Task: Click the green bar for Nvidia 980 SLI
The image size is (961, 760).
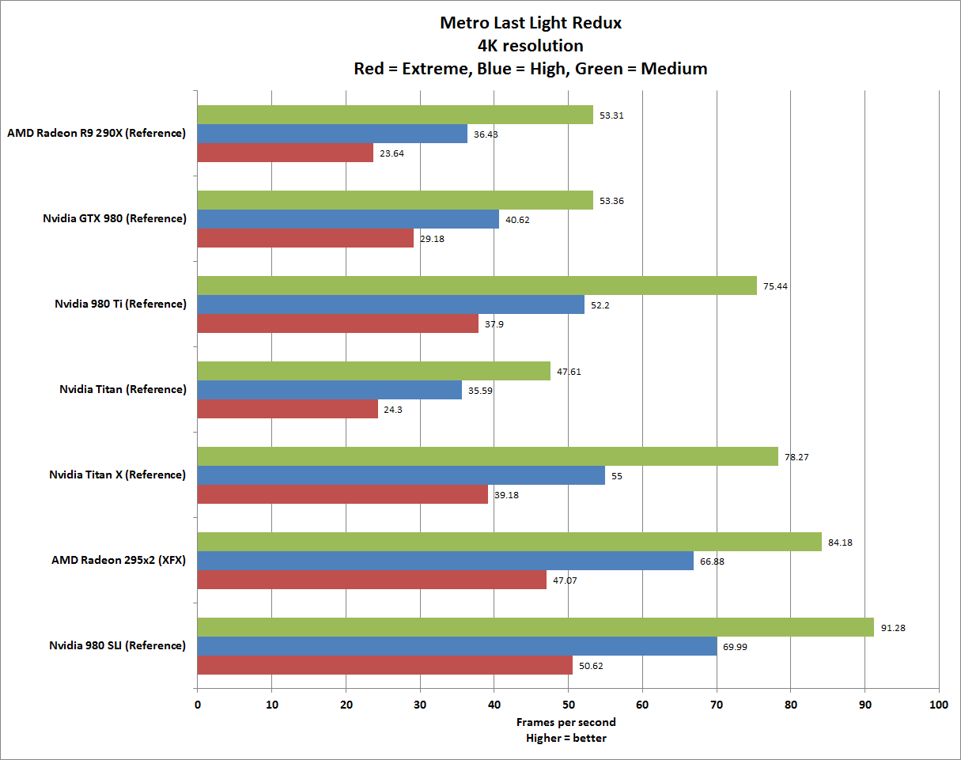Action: (535, 627)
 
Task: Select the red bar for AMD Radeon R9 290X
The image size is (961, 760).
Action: (285, 153)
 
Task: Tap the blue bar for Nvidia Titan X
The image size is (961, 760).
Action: (400, 475)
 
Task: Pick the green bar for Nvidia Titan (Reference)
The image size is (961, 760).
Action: (373, 371)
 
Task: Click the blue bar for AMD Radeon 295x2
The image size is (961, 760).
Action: (445, 561)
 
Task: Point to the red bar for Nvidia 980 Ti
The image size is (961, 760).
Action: (337, 323)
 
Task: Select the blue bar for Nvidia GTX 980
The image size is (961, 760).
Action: (347, 219)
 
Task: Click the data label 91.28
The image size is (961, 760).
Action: (894, 628)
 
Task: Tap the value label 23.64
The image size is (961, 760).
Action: (392, 153)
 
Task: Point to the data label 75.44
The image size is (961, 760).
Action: (775, 286)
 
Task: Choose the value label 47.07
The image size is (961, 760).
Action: (565, 580)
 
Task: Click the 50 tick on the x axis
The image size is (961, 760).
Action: (568, 703)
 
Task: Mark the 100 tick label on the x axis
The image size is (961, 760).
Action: (939, 703)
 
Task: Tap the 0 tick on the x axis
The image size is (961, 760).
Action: (197, 703)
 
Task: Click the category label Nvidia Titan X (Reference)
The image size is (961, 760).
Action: (117, 475)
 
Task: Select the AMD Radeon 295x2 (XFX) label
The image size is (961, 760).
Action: (119, 560)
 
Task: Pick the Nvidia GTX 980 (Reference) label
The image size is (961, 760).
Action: (115, 218)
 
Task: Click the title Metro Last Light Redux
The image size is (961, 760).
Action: (530, 23)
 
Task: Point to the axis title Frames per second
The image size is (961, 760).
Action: (566, 722)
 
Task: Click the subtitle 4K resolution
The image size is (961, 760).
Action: (530, 46)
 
